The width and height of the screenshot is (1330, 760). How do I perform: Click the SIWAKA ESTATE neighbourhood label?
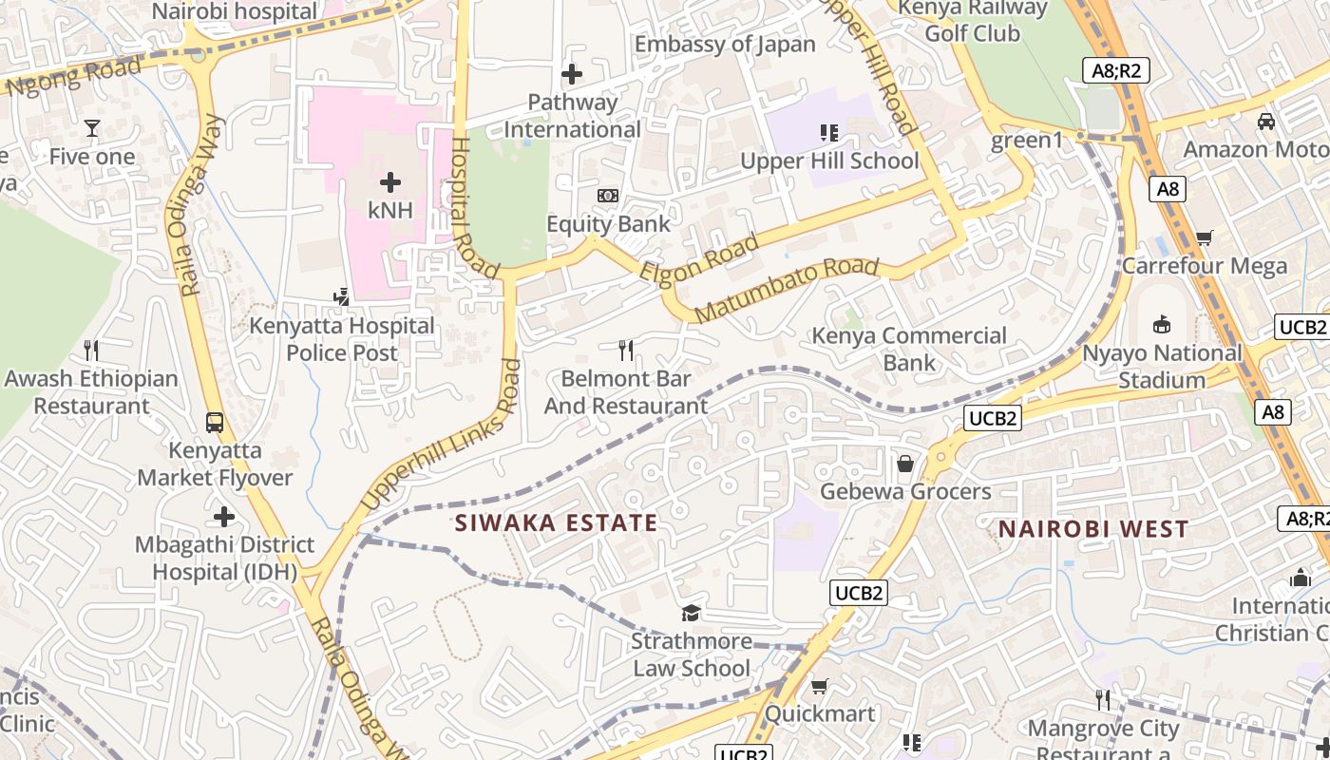[x=556, y=522]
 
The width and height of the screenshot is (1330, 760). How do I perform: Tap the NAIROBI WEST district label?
[x=1093, y=529]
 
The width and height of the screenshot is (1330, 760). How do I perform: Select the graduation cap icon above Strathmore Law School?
[x=691, y=614]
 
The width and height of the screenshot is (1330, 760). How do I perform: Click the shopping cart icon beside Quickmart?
[x=820, y=686]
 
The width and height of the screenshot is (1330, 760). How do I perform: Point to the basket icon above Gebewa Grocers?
[x=905, y=464]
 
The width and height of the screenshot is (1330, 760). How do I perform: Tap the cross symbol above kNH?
[x=389, y=182]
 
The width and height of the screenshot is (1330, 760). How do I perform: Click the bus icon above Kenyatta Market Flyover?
[x=215, y=422]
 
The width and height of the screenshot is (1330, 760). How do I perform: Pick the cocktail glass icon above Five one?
[x=92, y=128]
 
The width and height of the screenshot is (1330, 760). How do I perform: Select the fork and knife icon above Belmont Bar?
[x=625, y=351]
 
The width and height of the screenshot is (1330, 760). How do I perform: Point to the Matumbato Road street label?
[x=787, y=289]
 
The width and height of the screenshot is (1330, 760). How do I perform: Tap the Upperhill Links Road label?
[x=443, y=433]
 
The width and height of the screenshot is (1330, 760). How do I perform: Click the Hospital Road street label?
[x=473, y=209]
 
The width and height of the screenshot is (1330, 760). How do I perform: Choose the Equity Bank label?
[x=608, y=224]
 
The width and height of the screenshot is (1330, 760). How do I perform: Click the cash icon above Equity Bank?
[x=608, y=196]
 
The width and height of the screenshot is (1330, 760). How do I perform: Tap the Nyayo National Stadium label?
[x=1163, y=367]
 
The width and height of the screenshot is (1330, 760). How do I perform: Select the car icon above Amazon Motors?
[x=1266, y=122]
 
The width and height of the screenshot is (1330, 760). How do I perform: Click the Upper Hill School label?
[x=829, y=161]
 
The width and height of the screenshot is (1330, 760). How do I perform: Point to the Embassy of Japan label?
[x=725, y=44]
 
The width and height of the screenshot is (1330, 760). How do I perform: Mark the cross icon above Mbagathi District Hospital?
[x=223, y=517]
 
